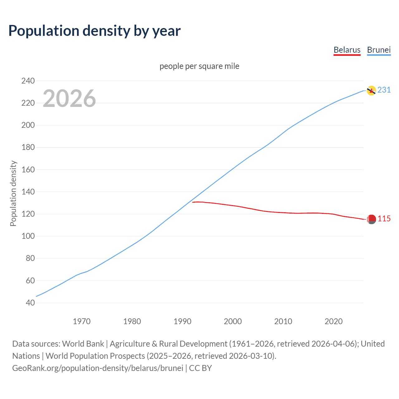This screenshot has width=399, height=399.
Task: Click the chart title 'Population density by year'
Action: click(94, 31)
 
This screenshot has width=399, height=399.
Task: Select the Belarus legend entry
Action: click(347, 50)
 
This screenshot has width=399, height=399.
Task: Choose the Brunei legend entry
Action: click(379, 50)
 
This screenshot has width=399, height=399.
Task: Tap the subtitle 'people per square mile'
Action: click(199, 66)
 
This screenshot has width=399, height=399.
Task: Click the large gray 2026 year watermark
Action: click(69, 99)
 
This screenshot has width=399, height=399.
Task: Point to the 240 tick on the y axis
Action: click(28, 81)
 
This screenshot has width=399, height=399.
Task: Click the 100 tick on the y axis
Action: click(28, 236)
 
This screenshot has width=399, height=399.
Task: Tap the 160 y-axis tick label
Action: click(28, 170)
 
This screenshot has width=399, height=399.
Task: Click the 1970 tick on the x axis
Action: click(82, 321)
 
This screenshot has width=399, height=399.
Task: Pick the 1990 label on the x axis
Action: click(182, 321)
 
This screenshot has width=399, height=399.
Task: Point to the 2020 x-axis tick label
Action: click(334, 321)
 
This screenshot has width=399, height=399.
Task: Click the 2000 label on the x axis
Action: click(233, 321)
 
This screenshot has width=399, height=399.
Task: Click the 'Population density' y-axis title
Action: click(13, 193)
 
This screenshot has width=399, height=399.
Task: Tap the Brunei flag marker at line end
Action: click(371, 90)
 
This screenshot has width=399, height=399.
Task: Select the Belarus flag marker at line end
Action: click(371, 219)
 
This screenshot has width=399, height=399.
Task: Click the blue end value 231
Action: click(384, 90)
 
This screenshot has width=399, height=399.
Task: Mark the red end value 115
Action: click(384, 219)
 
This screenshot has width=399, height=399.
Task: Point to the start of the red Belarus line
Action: click(193, 202)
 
